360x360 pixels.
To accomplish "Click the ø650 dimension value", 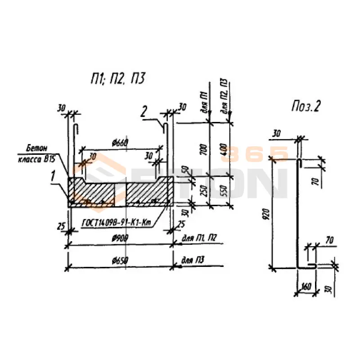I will pos(119,261).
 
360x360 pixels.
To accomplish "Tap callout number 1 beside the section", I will pos(54,177).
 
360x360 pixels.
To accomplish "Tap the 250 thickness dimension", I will pos(204,190).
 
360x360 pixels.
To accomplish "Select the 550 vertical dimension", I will pos(224,190).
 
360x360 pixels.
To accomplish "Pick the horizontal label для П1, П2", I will pos(198,238).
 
